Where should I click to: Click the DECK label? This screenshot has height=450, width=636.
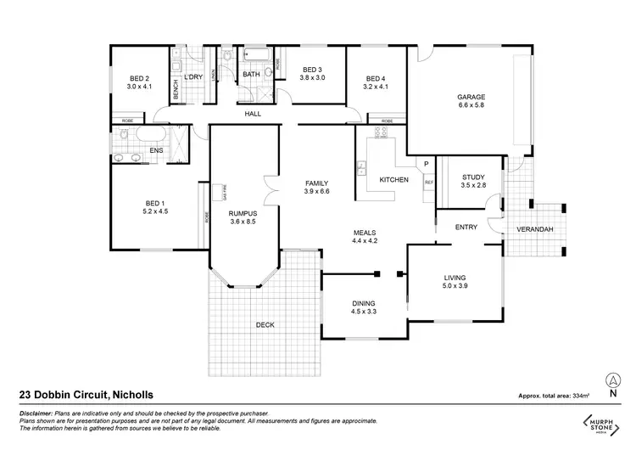264,325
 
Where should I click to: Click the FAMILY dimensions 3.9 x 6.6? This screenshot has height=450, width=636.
317,192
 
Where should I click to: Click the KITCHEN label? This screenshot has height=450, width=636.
394,180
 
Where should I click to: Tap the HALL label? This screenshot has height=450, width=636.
253,114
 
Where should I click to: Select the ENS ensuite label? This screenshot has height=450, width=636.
156,151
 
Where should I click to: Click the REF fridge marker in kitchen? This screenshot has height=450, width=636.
428,182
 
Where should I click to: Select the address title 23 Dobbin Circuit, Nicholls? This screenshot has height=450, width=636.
78,394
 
